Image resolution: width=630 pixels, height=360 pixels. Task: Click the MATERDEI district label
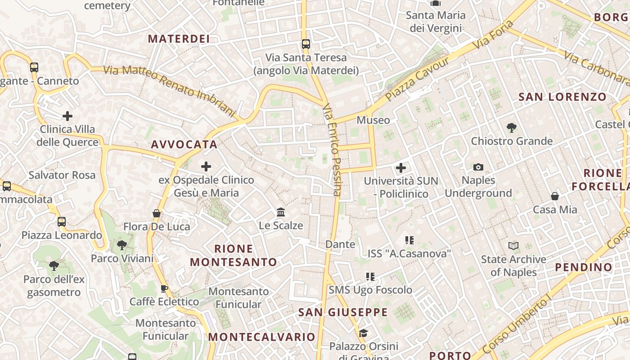coord(179,39)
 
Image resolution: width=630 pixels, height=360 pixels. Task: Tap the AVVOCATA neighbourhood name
coord(184,144)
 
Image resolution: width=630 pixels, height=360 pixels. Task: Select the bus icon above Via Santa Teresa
coord(306,44)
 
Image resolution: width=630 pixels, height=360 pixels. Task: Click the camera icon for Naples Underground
coord(478,167)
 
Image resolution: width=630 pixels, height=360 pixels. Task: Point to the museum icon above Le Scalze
coord(281,212)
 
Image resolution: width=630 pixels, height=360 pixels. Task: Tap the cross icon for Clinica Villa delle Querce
coord(67,116)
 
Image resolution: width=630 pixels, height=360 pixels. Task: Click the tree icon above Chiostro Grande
coord(511,128)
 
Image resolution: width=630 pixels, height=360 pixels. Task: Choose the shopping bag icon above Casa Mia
coord(555,196)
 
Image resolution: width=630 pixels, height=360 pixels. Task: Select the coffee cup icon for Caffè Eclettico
coord(164,288)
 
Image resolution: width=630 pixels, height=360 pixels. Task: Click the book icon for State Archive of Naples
coord(513,246)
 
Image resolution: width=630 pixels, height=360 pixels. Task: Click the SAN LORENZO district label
coord(562,97)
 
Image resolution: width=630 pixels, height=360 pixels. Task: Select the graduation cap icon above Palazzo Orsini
coord(363,333)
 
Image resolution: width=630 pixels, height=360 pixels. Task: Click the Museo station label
coord(373,120)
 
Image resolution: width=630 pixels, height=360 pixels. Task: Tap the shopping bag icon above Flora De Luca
coord(157,213)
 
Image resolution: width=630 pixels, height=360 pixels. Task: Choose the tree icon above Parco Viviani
coord(121,245)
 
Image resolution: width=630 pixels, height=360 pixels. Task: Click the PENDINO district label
coord(583,267)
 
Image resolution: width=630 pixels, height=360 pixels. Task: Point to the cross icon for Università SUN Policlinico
coord(400,168)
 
